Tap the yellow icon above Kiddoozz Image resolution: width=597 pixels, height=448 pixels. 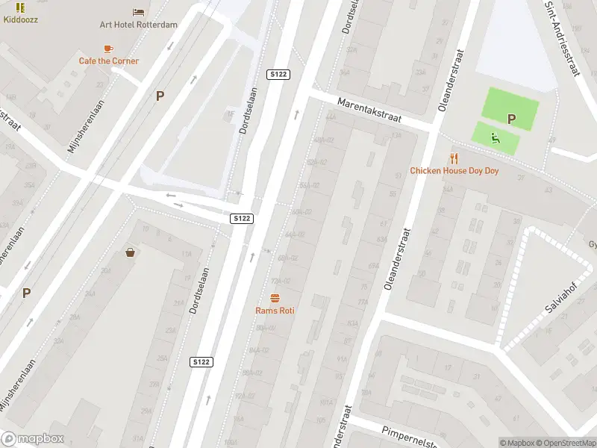pyautogui.click(x=20, y=7)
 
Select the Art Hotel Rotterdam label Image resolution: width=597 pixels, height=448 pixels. pyautogui.click(x=139, y=25)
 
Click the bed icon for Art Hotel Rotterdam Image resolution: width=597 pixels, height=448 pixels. pyautogui.click(x=139, y=11)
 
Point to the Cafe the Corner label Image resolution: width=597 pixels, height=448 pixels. pyautogui.click(x=109, y=61)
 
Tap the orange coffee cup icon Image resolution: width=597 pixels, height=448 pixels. pyautogui.click(x=109, y=48)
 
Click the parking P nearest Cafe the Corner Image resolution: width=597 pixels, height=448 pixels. pyautogui.click(x=160, y=96)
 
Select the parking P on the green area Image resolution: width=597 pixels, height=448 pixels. pyautogui.click(x=512, y=119)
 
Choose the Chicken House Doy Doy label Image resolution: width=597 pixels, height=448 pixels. pyautogui.click(x=454, y=171)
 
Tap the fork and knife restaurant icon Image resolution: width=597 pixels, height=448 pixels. pyautogui.click(x=454, y=158)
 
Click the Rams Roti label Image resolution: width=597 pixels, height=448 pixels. pyautogui.click(x=275, y=311)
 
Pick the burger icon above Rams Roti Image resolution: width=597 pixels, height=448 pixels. pyautogui.click(x=275, y=297)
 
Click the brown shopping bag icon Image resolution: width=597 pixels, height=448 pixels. pyautogui.click(x=131, y=252)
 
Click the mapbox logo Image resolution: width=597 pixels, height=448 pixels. pyautogui.click(x=33, y=439)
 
